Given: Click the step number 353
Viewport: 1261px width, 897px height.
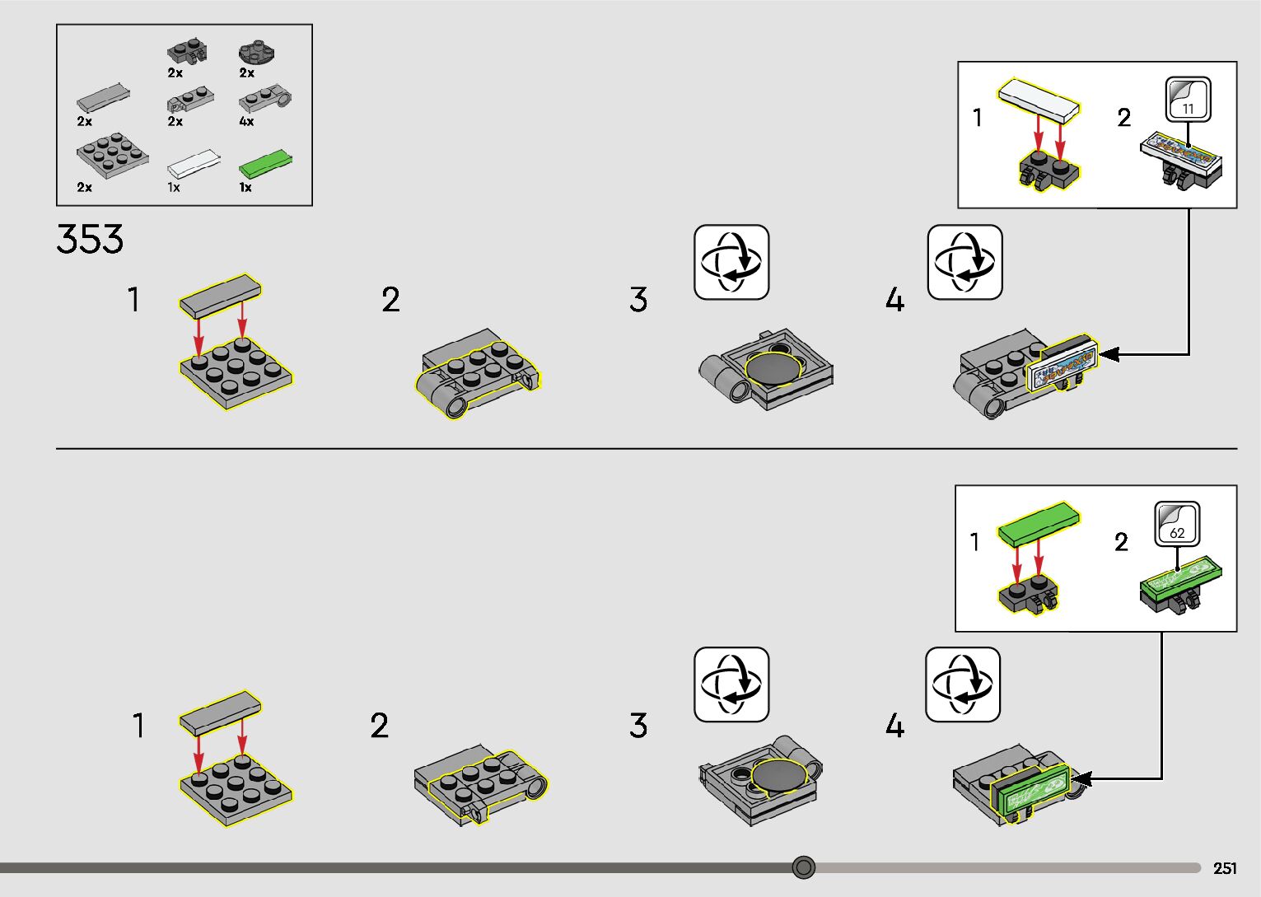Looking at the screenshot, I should click(x=90, y=239).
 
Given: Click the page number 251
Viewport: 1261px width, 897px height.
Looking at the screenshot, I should click(x=1225, y=868).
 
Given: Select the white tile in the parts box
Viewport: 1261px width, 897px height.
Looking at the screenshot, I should click(x=194, y=161).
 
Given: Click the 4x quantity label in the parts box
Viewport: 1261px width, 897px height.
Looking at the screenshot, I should click(x=246, y=121).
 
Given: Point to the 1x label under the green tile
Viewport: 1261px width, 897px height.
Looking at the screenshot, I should click(x=245, y=187).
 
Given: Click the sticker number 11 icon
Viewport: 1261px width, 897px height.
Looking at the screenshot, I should click(x=1188, y=100).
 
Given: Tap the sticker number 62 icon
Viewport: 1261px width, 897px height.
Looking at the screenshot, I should click(x=1177, y=524).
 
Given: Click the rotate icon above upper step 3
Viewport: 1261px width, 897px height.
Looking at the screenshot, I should click(x=731, y=262).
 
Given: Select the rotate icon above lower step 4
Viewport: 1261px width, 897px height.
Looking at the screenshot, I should click(x=962, y=684).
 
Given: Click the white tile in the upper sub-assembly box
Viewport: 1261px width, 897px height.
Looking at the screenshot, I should click(x=1039, y=100).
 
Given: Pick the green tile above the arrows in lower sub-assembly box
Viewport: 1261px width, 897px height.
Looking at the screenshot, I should click(x=1039, y=523).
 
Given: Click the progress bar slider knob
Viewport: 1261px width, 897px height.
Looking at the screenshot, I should click(x=804, y=867).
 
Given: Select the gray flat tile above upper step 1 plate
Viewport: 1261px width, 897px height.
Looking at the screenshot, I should click(x=220, y=297).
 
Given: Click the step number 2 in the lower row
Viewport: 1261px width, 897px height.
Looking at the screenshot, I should click(x=379, y=726).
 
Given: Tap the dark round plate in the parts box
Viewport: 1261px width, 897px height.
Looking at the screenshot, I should click(x=256, y=54).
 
